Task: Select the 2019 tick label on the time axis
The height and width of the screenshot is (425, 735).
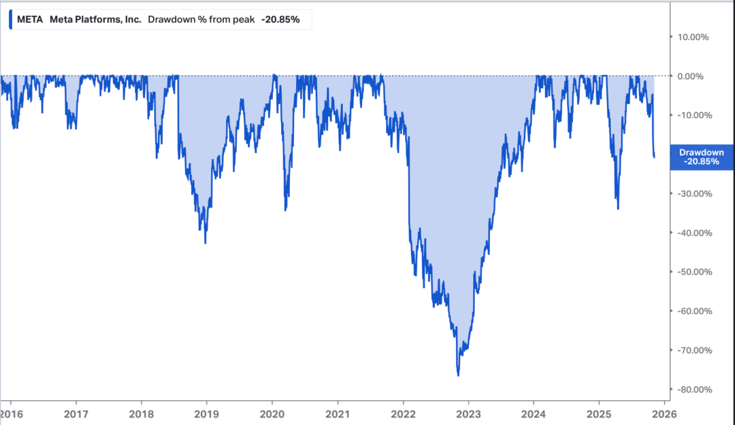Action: [x=206, y=413]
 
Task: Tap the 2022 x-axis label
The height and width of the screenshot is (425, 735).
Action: [x=404, y=413]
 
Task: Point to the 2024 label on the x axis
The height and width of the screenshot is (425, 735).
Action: [x=534, y=413]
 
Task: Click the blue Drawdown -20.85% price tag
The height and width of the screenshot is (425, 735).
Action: [x=702, y=157]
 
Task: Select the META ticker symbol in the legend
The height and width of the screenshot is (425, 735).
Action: [x=30, y=20]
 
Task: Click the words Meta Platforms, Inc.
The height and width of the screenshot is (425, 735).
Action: [x=95, y=20]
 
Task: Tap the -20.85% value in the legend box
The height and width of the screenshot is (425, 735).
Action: [x=280, y=20]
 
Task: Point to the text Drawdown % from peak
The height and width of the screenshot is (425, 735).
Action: [x=201, y=20]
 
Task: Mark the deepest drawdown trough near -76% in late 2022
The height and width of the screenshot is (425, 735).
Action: [x=458, y=375]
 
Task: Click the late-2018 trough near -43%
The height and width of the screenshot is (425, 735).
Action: [x=206, y=242]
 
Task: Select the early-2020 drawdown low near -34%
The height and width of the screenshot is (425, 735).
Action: [x=285, y=209]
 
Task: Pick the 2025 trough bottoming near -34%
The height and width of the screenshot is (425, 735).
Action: [x=617, y=208]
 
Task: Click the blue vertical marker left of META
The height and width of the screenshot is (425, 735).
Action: [x=11, y=20]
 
